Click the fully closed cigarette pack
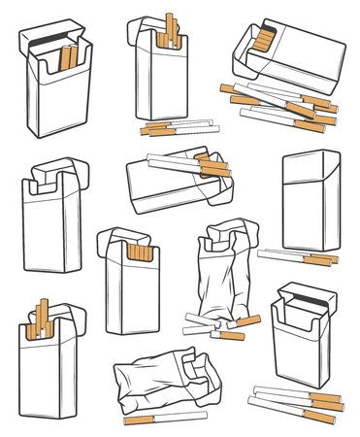tap(311, 199)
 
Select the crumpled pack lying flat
tap(165, 384)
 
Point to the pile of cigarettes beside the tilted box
tap(281, 105)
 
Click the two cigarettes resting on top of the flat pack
tap(189, 163)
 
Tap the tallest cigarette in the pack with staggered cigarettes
tap(43, 313)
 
